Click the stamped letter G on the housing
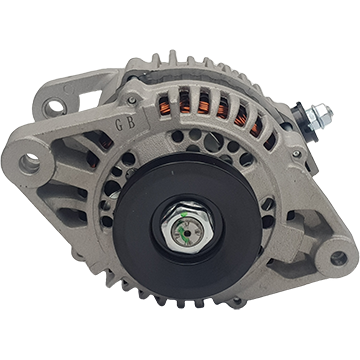119,125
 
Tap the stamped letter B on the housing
131,123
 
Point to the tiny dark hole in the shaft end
187,233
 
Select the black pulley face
187,227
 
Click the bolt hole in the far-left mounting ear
30,164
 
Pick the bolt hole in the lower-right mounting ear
338,258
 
